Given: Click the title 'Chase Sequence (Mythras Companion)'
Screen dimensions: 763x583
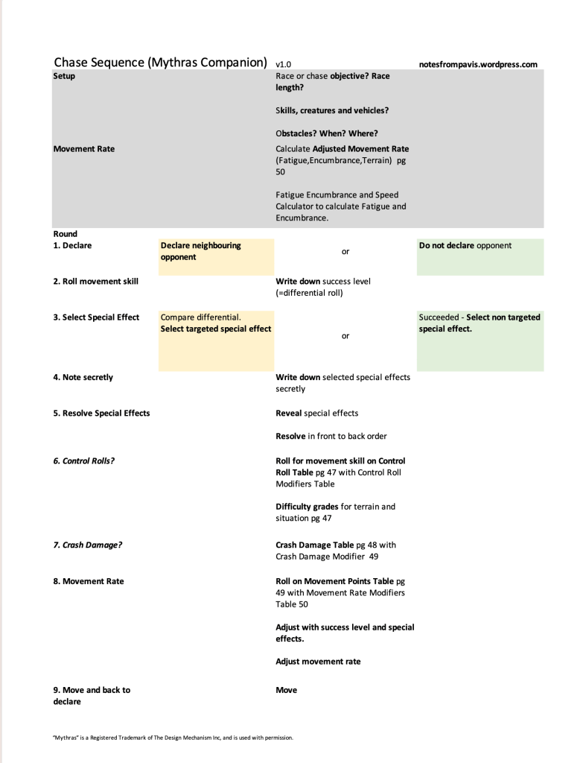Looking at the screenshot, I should point(160,63).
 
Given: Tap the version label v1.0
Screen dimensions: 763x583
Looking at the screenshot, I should point(283,65).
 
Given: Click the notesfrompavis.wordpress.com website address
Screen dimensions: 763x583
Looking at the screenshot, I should point(478,65).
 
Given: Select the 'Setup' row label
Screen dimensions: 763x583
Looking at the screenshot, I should point(64,76).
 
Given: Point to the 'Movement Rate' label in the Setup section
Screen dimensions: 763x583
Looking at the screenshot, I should point(84,149).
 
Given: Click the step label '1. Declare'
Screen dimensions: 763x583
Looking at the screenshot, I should point(72,246).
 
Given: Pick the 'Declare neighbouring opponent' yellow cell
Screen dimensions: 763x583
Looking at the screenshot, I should point(215,252).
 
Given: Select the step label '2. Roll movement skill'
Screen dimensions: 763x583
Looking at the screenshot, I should point(95,282).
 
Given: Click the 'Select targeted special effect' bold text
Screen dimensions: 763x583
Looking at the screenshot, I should point(216,329).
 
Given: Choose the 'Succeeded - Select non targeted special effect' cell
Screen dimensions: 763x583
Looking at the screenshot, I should point(480,323).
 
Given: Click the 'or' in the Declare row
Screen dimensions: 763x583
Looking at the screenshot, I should point(345,252).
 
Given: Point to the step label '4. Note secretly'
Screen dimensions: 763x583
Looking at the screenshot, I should point(83,378).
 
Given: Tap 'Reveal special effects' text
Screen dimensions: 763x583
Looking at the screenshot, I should point(316,414).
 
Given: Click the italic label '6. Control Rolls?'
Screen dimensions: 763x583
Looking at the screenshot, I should point(83,461).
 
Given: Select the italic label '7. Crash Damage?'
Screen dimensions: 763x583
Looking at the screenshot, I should point(87,545).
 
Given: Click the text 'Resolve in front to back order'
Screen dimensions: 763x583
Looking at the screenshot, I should point(331,437).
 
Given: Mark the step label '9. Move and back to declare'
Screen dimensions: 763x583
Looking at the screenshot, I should point(91,696).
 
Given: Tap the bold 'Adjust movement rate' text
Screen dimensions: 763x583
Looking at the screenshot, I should point(318,662).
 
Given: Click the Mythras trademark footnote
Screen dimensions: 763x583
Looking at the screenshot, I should point(173,738).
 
